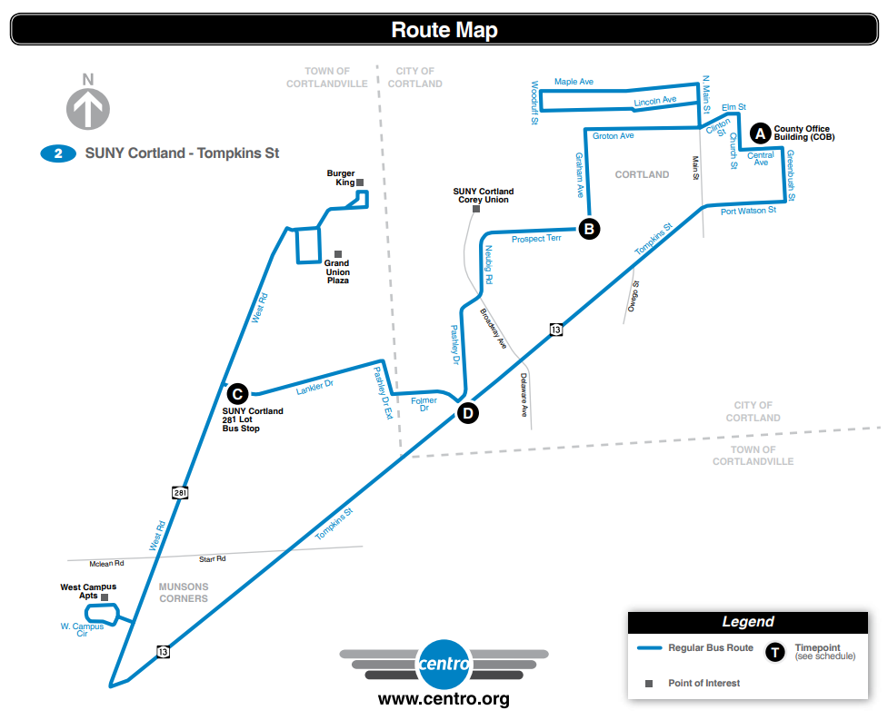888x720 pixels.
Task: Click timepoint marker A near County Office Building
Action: (x=760, y=134)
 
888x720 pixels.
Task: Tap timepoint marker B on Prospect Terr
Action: (x=589, y=229)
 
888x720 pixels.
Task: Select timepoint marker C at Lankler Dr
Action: (x=236, y=393)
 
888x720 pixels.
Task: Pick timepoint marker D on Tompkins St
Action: (x=467, y=413)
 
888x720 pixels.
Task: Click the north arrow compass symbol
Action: (x=88, y=108)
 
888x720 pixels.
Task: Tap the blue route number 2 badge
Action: (x=58, y=153)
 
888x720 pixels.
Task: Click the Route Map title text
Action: (x=444, y=30)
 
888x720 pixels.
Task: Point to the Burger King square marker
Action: (x=360, y=182)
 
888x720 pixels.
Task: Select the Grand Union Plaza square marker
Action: (x=338, y=253)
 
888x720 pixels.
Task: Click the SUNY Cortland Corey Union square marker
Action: (x=475, y=209)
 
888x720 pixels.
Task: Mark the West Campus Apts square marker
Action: (x=105, y=597)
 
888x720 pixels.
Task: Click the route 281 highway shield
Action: (x=180, y=492)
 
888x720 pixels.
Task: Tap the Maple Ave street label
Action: (x=574, y=82)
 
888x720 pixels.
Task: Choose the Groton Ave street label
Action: (x=613, y=136)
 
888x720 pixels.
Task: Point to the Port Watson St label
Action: (x=748, y=211)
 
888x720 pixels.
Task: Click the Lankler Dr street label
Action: (x=315, y=386)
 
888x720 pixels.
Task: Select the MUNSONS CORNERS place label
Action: (x=184, y=592)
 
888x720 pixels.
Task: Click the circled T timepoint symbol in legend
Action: (x=774, y=652)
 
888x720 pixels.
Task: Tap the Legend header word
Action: (x=747, y=622)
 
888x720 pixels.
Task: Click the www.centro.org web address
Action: (x=444, y=699)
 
